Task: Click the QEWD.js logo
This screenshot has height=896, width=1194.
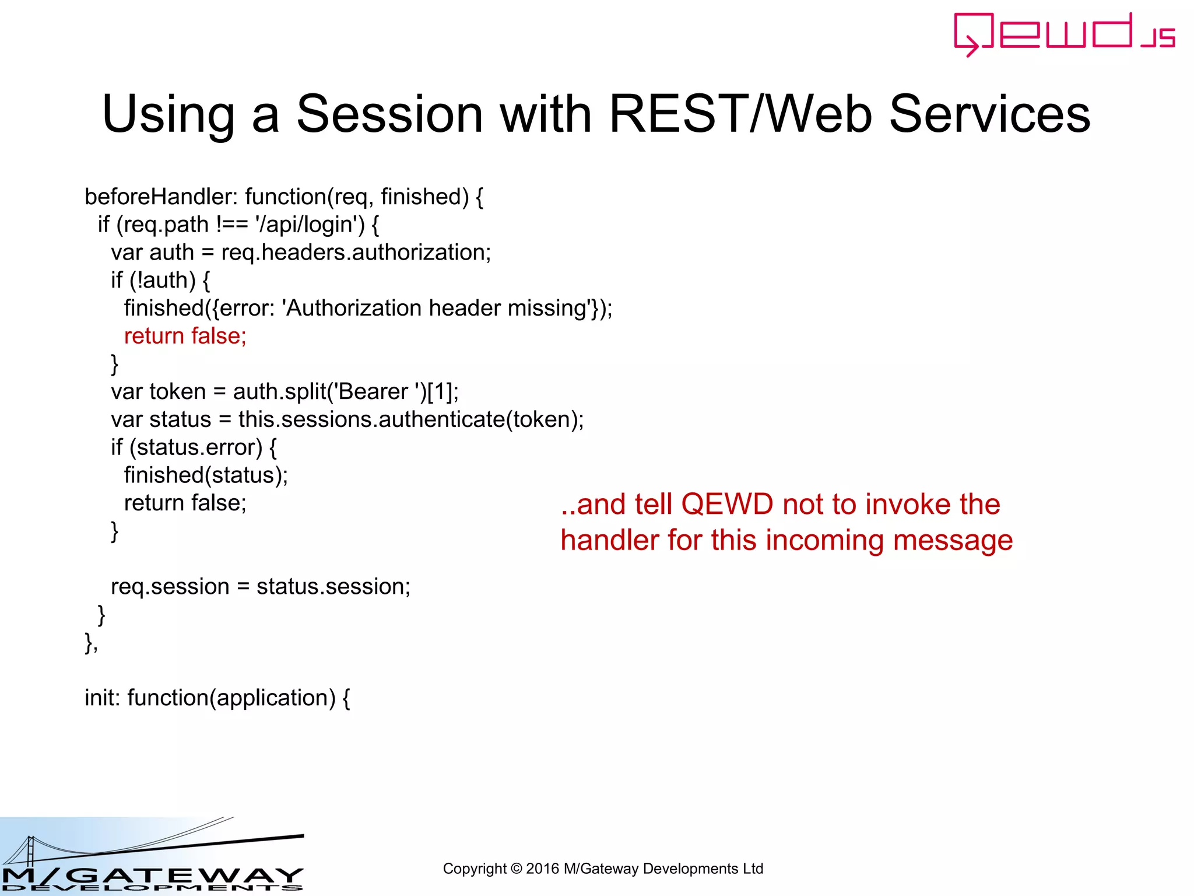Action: pyautogui.click(x=1064, y=34)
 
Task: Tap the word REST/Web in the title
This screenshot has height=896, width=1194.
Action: pyautogui.click(x=740, y=114)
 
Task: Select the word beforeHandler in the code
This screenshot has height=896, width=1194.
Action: pyautogui.click(x=159, y=197)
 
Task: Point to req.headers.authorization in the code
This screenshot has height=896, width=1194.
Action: pyautogui.click(x=356, y=253)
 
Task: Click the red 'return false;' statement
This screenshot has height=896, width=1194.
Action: pyautogui.click(x=185, y=336)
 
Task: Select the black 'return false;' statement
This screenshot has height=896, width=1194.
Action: pyautogui.click(x=185, y=503)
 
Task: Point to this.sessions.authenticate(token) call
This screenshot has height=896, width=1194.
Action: pyautogui.click(x=410, y=419)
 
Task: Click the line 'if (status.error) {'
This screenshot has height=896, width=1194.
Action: pyautogui.click(x=194, y=447)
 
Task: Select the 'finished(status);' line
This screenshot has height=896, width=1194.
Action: pyautogui.click(x=206, y=475)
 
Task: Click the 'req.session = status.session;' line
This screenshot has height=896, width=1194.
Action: pyautogui.click(x=261, y=586)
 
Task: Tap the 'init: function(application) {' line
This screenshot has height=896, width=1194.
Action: pyautogui.click(x=217, y=698)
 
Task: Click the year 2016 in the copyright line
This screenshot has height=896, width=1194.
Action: pyautogui.click(x=542, y=869)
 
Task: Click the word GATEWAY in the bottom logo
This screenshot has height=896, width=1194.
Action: pyautogui.click(x=187, y=875)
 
